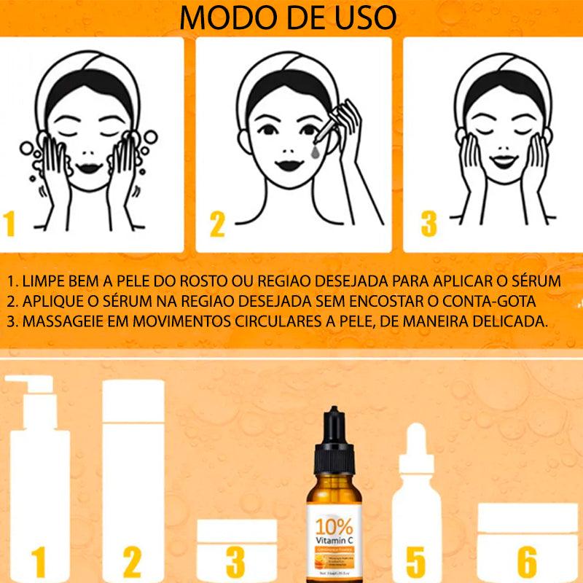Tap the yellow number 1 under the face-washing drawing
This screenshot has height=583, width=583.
pos(9,224)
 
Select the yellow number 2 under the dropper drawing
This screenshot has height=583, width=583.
pos(217,224)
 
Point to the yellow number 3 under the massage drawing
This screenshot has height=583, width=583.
pos(429,224)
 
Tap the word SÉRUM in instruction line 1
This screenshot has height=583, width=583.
pos(536,281)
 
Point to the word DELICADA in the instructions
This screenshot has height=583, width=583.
pos(510,321)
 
